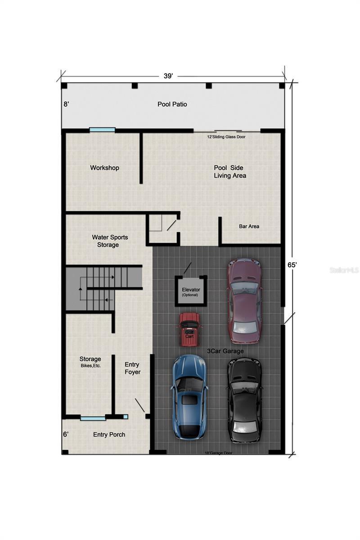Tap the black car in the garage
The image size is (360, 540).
coord(243,400)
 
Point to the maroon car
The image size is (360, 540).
coord(244,300)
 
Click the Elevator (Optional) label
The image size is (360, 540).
coord(191,292)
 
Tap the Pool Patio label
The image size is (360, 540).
coord(172,104)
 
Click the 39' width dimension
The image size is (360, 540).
coord(168,76)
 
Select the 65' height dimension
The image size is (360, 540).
coord(292,265)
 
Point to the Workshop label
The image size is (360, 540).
coord(104,168)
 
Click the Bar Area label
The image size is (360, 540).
coord(249,226)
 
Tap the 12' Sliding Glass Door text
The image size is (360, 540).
coord(226,137)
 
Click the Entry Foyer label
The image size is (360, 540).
coord(132,368)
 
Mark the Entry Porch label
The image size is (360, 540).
coord(109,435)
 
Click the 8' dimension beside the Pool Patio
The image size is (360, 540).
coord(66,104)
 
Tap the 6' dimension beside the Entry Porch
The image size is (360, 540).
coord(66,435)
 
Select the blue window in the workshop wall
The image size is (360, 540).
coord(102,130)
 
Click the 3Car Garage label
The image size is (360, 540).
coord(225,351)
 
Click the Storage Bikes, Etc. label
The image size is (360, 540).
coord(90,362)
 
